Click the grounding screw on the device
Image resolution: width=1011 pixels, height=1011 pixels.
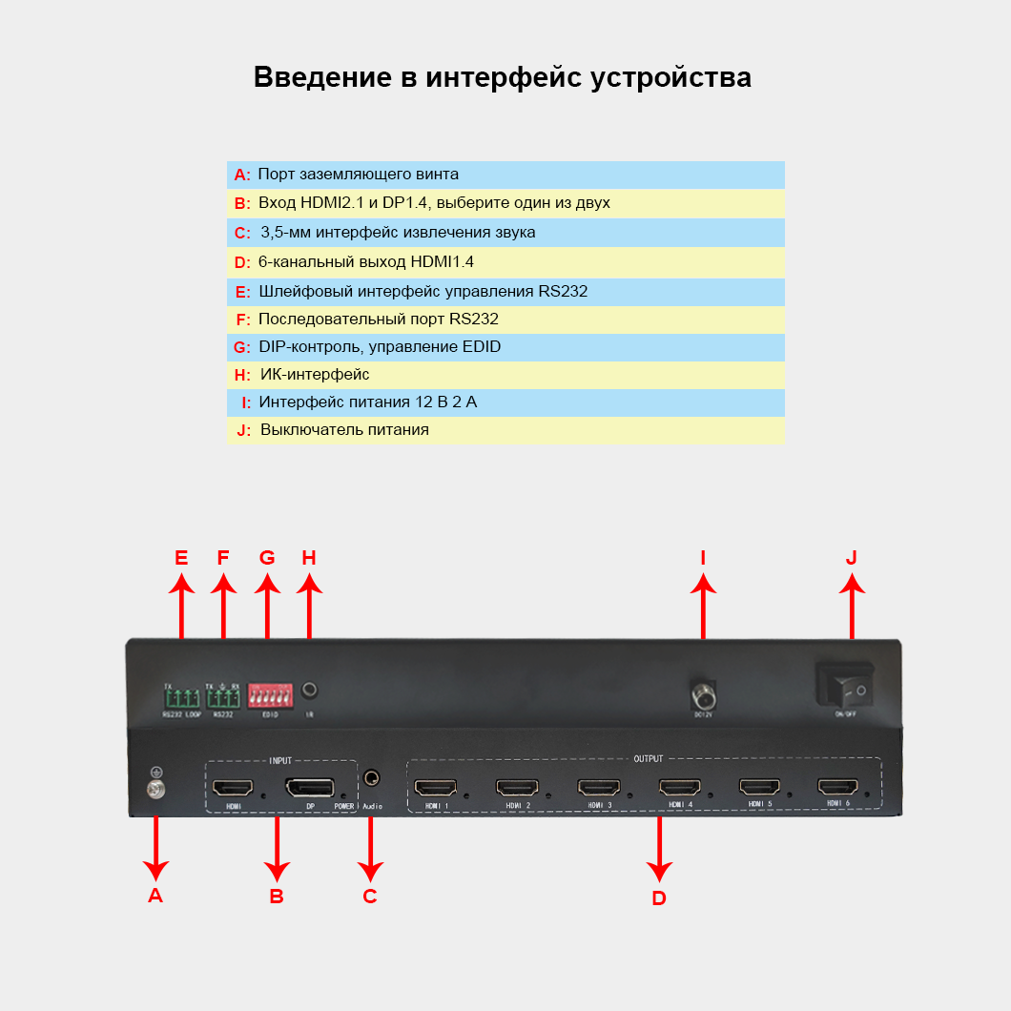point(155,789)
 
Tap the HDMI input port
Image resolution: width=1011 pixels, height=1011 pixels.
point(233,789)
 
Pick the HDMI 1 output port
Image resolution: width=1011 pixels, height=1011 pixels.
point(436,788)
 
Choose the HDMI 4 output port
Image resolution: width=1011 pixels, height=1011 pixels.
point(679,788)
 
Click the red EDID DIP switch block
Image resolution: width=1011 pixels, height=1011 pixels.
point(270,694)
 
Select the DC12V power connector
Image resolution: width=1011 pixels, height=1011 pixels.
point(703,691)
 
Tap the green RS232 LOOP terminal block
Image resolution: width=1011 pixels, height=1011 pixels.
point(180,697)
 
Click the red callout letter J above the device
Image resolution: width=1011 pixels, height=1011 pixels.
point(852,557)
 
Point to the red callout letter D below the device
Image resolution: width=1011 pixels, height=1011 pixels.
point(659,898)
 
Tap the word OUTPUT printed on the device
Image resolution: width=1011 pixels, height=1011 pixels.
point(648,759)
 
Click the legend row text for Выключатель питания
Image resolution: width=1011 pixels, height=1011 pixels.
point(344,430)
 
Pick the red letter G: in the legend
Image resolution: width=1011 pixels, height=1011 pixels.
point(241,347)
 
